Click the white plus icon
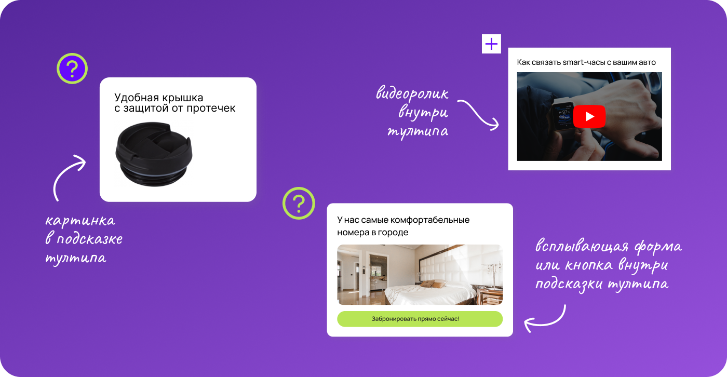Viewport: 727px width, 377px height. tap(491, 44)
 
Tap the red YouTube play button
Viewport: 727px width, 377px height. tap(589, 116)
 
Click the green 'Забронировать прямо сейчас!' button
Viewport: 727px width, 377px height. tap(420, 319)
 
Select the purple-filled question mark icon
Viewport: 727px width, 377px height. tap(72, 69)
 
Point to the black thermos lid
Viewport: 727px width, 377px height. tap(154, 154)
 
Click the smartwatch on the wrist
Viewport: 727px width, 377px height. tap(563, 115)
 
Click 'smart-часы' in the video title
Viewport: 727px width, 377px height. tap(584, 62)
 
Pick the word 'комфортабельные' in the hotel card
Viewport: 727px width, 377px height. tap(430, 220)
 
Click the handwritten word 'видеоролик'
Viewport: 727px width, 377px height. tap(412, 93)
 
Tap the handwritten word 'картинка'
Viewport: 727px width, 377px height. tap(80, 221)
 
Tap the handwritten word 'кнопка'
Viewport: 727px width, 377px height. tap(588, 265)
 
